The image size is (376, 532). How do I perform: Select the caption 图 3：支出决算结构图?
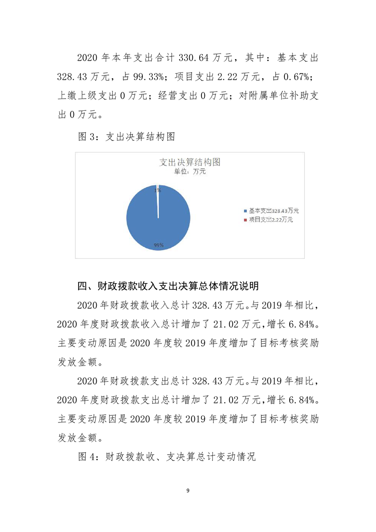pyautogui.click(x=127, y=137)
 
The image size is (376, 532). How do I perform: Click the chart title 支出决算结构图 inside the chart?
pyautogui.click(x=190, y=162)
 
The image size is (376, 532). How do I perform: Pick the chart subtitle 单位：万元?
pyautogui.click(x=190, y=172)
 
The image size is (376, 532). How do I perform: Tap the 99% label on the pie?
pyautogui.click(x=158, y=245)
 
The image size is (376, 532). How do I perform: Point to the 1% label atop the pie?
pyautogui.click(x=157, y=190)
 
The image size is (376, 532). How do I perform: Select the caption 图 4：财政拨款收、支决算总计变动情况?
pyautogui.click(x=166, y=457)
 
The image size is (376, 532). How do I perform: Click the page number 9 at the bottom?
pyautogui.click(x=188, y=491)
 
